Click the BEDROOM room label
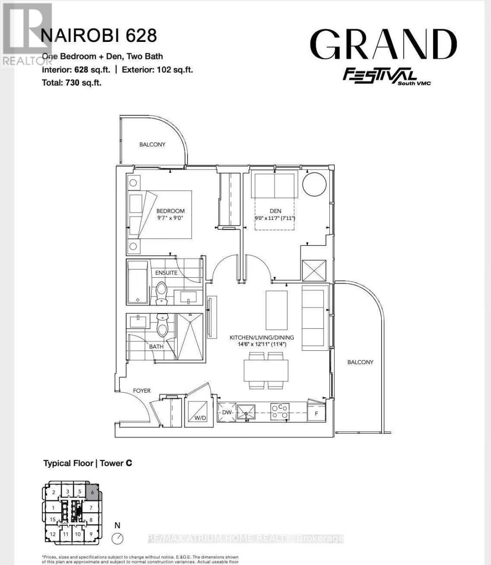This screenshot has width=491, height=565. coord(171,211)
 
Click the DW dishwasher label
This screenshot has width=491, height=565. coord(226,412)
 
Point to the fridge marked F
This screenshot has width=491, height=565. coord(316,413)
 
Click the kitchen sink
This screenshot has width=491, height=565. coord(246,412)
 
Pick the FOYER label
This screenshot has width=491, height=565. coord(141,391)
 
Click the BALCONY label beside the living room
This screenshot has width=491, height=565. coord(360,362)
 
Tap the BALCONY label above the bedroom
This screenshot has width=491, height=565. coord(152,145)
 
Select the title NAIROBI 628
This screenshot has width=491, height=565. coord(99,36)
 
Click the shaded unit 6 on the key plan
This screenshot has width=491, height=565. coord(93,492)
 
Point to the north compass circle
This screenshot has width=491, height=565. coord(117,538)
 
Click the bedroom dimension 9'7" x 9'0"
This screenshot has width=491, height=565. coord(170,218)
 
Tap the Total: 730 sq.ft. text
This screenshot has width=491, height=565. coord(72,82)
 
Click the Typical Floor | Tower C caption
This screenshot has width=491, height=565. coord(88,463)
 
